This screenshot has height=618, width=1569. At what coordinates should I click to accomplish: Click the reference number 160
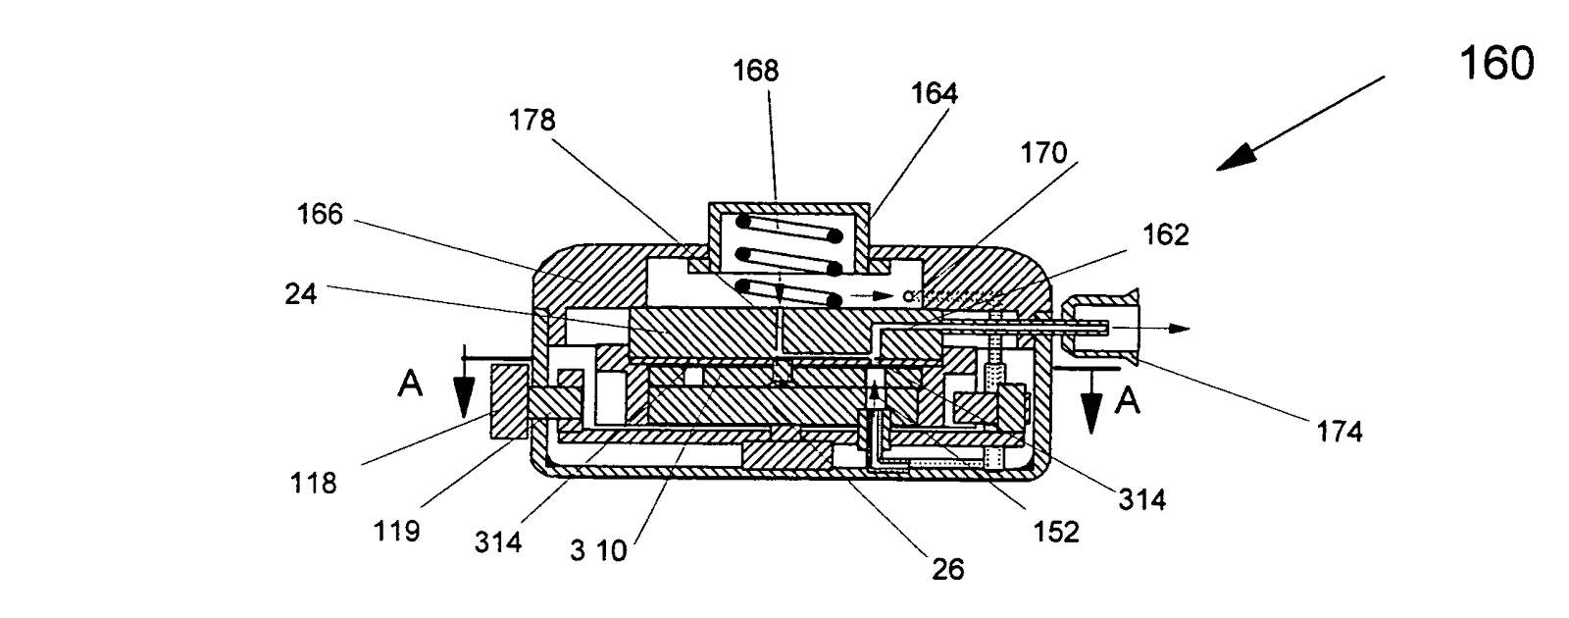click(x=1495, y=65)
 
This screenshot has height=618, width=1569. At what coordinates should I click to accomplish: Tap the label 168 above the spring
click(x=755, y=71)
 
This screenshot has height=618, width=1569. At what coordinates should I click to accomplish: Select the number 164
click(x=934, y=93)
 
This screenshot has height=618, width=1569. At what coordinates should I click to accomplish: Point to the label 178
click(x=531, y=121)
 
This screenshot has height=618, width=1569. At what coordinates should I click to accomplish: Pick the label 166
click(x=320, y=215)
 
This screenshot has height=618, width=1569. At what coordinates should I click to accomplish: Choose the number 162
click(x=1165, y=234)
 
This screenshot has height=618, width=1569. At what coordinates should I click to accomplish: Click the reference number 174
click(x=1341, y=431)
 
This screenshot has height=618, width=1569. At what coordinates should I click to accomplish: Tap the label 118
click(x=314, y=483)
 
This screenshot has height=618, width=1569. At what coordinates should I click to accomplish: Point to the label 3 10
click(x=597, y=550)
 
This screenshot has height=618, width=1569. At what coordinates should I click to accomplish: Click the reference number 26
click(x=949, y=568)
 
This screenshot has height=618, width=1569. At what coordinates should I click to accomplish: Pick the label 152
click(x=1055, y=531)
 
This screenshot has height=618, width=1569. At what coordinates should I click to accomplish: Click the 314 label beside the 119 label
click(x=498, y=541)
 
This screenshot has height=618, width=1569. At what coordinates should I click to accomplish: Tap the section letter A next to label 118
click(x=410, y=386)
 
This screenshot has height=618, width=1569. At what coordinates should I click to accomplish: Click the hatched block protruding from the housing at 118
click(x=509, y=402)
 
